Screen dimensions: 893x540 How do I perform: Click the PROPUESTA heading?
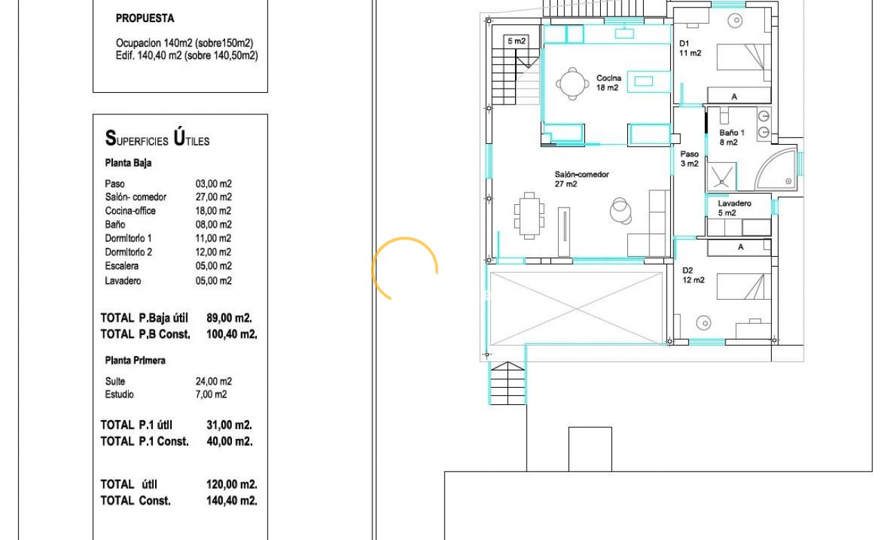coord(145,18)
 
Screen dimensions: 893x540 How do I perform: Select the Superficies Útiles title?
coord(157,138)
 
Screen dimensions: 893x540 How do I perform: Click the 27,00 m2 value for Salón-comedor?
coord(214,197)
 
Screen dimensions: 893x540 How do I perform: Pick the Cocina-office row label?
coord(130,210)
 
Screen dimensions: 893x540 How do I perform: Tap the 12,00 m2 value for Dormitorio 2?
coord(213,252)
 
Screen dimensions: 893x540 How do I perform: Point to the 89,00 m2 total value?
coord(229,318)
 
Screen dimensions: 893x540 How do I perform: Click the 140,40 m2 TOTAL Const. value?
coord(232,501)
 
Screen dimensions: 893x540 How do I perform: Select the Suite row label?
coord(115,381)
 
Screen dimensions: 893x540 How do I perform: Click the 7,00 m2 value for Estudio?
coord(211,395)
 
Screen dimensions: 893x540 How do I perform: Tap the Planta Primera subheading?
coord(135,361)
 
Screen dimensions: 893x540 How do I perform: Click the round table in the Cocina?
coord(572,84)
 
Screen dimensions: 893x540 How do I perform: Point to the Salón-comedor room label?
coord(581,179)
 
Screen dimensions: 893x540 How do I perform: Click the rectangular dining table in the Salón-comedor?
coord(530,216)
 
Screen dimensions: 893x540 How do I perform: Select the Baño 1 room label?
coord(732,137)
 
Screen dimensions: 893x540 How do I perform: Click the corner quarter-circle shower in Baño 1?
coord(776,169)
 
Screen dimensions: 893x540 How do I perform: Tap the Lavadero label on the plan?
coord(734,208)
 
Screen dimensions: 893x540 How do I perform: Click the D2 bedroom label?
coord(693,275)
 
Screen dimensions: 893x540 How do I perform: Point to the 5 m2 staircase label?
coord(516,41)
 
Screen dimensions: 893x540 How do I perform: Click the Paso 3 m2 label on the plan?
coord(689,159)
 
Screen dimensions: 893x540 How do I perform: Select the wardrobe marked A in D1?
coord(739,96)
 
